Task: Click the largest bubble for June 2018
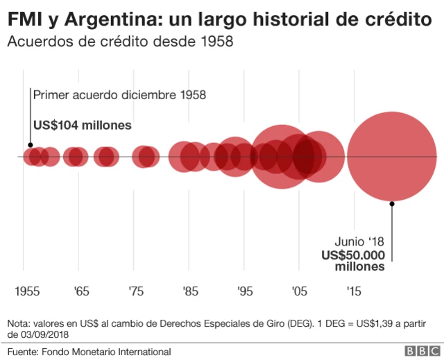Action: click(x=392, y=156)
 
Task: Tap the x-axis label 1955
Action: click(x=27, y=291)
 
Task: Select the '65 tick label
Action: click(x=80, y=291)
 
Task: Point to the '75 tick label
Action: click(x=135, y=291)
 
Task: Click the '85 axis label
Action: click(x=190, y=291)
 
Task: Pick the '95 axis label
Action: click(x=244, y=291)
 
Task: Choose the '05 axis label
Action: click(x=299, y=291)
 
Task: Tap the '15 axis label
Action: click(x=354, y=291)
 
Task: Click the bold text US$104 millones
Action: click(x=83, y=126)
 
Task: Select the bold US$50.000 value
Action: click(x=352, y=255)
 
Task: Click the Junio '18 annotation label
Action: click(x=359, y=242)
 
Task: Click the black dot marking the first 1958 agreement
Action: click(x=30, y=146)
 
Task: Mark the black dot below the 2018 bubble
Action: click(x=392, y=203)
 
